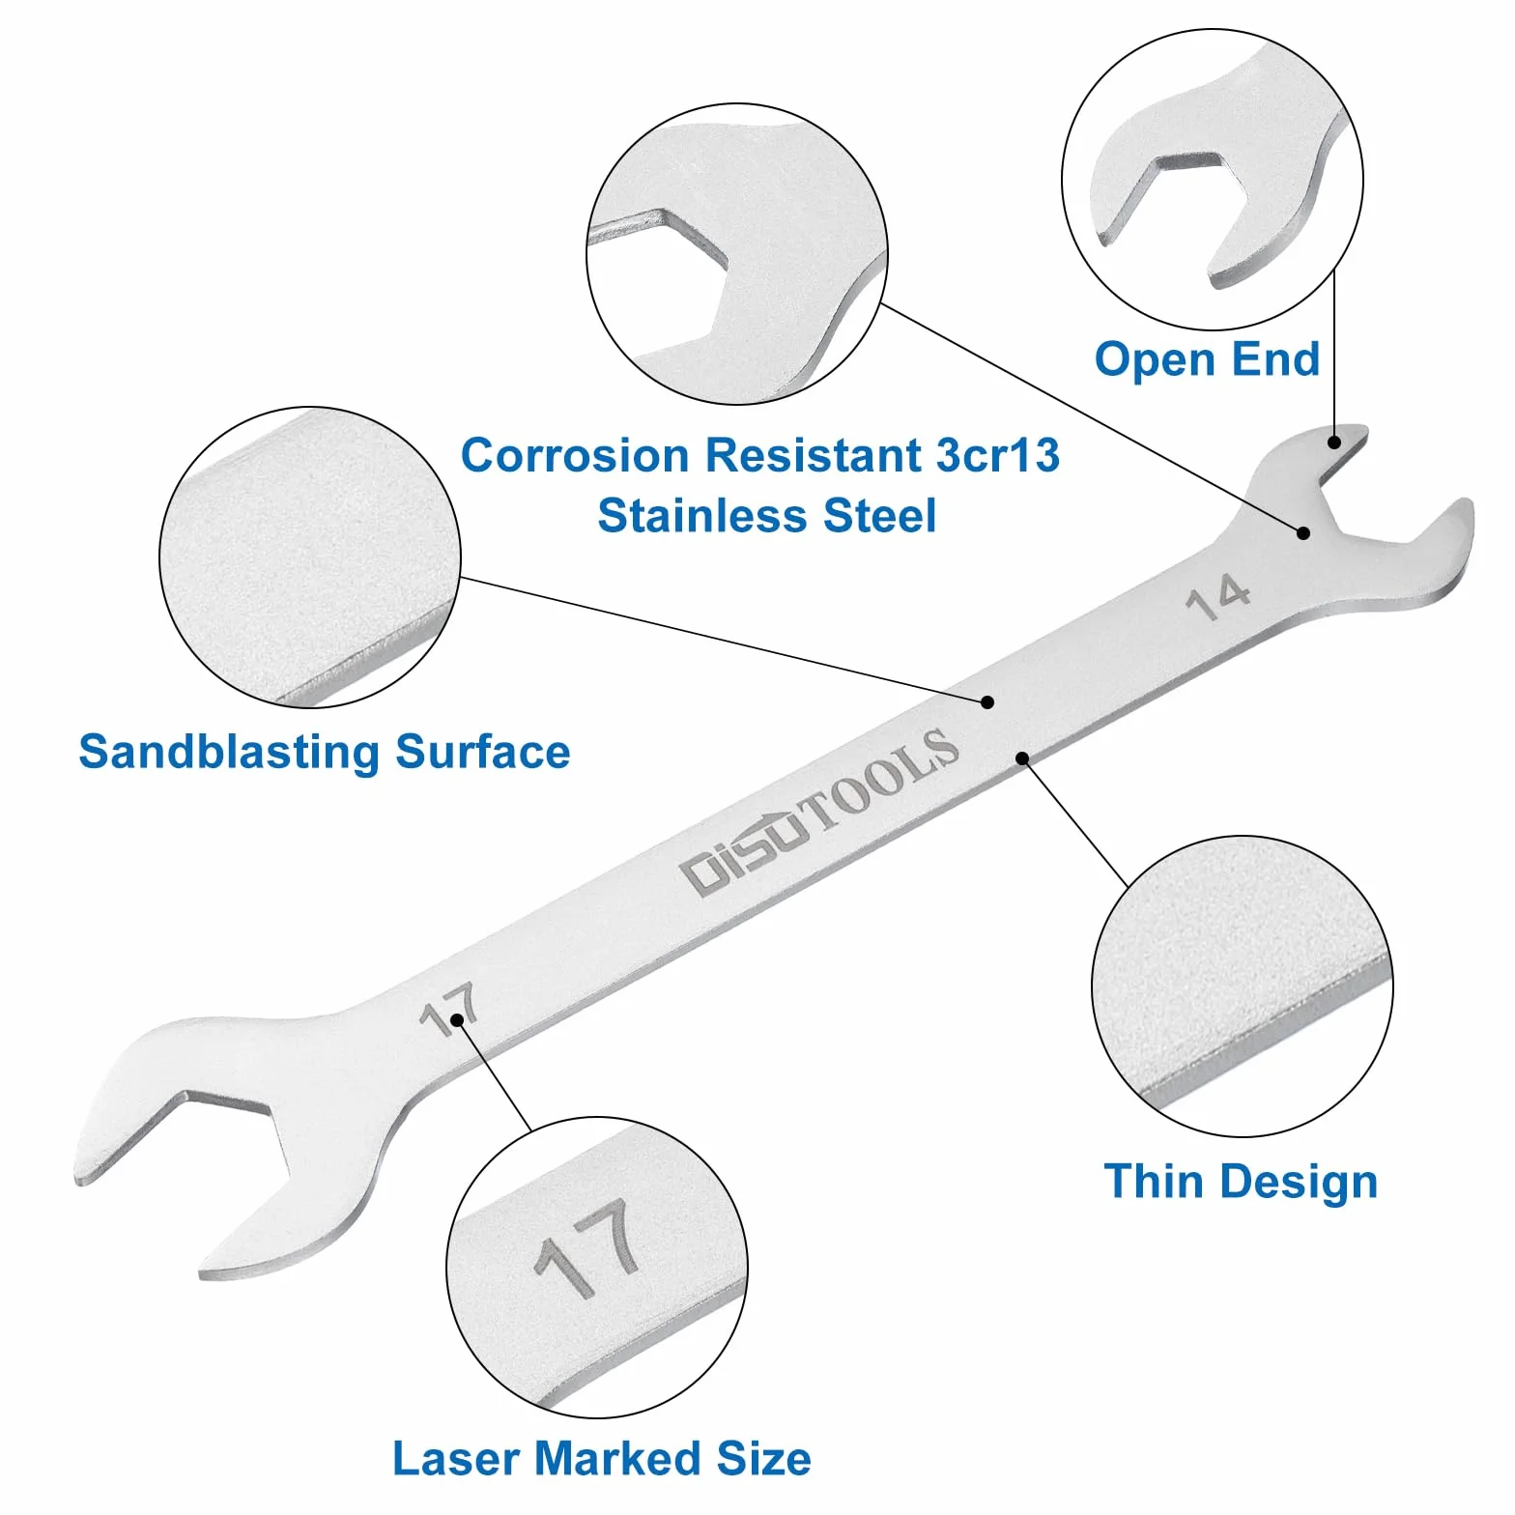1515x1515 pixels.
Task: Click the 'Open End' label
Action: [1207, 359]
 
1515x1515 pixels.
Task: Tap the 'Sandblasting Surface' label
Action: [325, 752]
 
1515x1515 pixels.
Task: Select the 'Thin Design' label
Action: [1241, 1181]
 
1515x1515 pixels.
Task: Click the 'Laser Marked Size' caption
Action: [601, 1458]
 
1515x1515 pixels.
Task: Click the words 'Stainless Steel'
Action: [767, 515]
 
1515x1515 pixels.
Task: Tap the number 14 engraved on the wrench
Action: [1217, 597]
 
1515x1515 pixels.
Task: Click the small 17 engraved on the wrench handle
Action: [449, 1010]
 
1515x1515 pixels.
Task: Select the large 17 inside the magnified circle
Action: [586, 1249]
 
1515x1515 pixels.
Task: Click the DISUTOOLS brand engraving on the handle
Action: [820, 812]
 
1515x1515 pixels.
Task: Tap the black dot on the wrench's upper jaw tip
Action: [1334, 443]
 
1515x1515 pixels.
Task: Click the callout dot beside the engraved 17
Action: [456, 1020]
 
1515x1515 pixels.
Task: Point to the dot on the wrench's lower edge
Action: [1022, 758]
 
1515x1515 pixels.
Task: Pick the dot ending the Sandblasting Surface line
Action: [987, 702]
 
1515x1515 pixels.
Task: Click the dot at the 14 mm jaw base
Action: [1303, 532]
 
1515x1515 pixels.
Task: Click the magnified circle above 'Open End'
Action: [1213, 180]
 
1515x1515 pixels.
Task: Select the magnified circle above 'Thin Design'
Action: [1243, 986]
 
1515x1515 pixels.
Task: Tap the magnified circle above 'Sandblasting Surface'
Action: [310, 557]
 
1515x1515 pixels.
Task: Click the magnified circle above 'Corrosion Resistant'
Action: [737, 255]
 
